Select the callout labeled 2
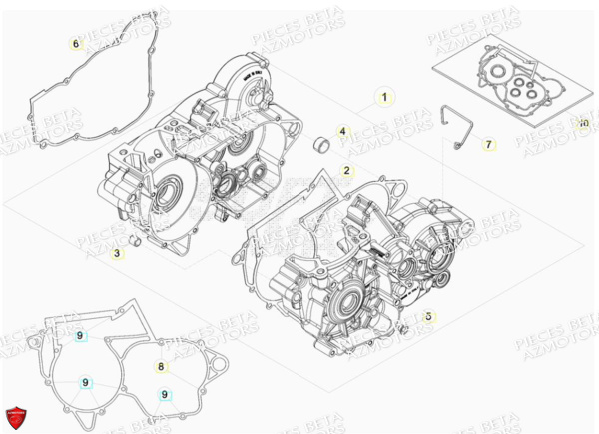(345, 171)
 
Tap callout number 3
(117, 254)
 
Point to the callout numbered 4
(341, 132)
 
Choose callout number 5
(428, 316)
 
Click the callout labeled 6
(74, 44)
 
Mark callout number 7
(488, 145)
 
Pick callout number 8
(161, 367)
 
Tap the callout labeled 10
(583, 123)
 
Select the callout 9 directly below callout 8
(162, 394)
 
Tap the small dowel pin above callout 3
(133, 241)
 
